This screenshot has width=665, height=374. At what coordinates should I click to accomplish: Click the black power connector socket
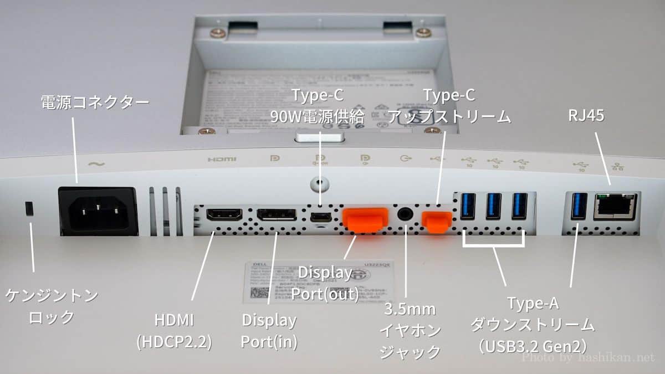pyautogui.click(x=98, y=211)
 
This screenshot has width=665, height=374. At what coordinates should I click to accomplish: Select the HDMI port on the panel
pyautogui.click(x=224, y=214)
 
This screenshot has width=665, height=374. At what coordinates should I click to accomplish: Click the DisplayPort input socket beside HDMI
pyautogui.click(x=275, y=215)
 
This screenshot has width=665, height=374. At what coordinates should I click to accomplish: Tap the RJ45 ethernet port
pyautogui.click(x=614, y=207)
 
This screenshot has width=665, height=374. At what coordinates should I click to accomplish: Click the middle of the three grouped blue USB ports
pyautogui.click(x=493, y=206)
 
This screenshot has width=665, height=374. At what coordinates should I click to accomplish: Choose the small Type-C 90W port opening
pyautogui.click(x=319, y=215)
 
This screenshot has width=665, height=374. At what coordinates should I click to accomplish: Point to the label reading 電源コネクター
pyautogui.click(x=95, y=101)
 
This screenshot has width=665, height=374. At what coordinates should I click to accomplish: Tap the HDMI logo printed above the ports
pyautogui.click(x=222, y=160)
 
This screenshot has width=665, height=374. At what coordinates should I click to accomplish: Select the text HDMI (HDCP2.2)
pyautogui.click(x=174, y=331)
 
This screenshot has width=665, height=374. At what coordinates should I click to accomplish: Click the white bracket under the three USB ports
pyautogui.click(x=493, y=243)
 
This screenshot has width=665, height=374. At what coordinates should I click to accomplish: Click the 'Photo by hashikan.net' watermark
pyautogui.click(x=589, y=358)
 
